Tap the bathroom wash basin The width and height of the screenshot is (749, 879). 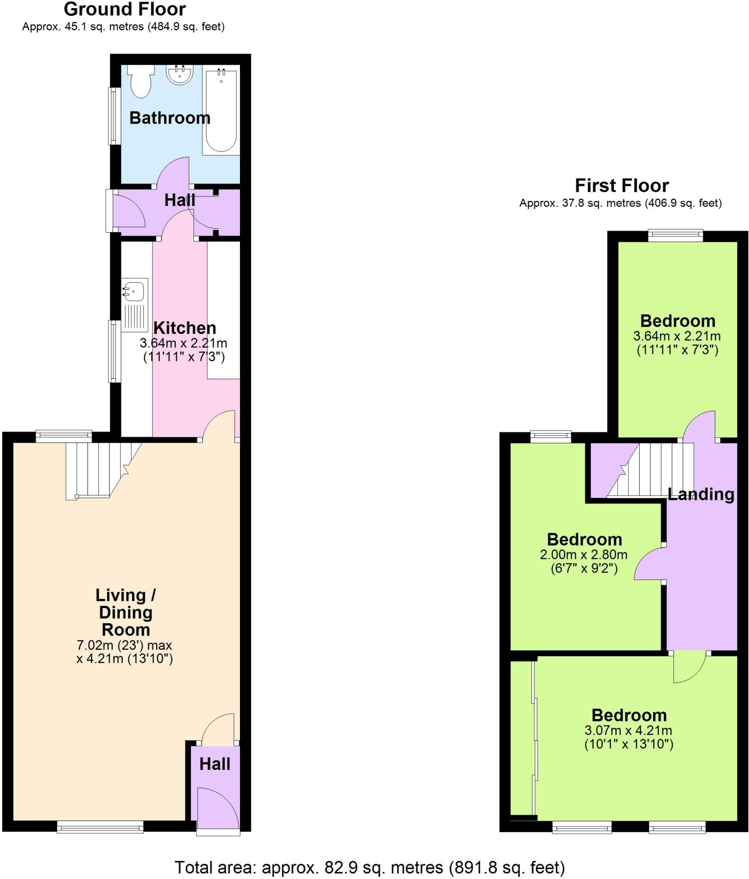click(x=180, y=74)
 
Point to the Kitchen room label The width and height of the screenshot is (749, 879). click(x=185, y=328)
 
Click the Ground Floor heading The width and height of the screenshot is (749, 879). click(x=124, y=9)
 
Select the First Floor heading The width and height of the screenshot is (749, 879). click(x=622, y=185)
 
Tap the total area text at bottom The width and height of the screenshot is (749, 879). click(x=370, y=867)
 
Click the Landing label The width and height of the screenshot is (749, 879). click(x=700, y=494)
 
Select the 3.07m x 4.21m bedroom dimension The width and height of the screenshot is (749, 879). click(x=628, y=730)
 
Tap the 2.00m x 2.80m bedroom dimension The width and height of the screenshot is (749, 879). click(x=584, y=555)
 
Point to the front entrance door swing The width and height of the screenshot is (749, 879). click(x=217, y=805)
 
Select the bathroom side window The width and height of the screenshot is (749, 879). click(x=113, y=116)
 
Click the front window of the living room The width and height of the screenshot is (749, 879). click(x=100, y=826)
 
